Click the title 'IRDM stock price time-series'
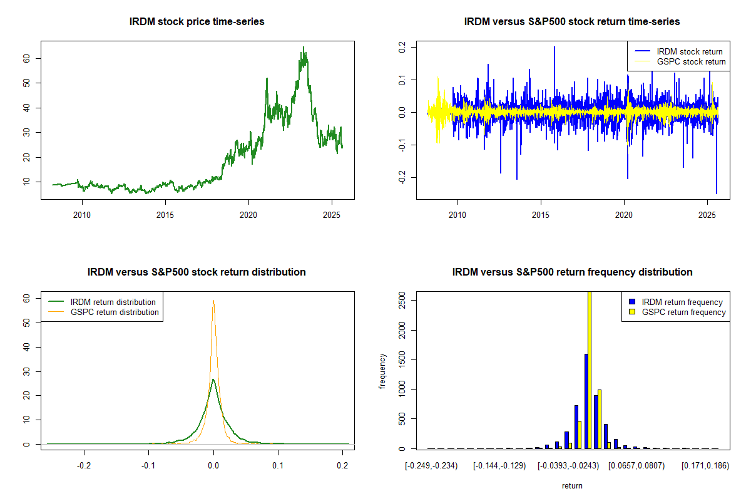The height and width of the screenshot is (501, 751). [x=197, y=22]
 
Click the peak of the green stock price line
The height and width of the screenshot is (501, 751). [x=304, y=47]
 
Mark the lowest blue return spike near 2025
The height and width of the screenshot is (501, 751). [x=717, y=193]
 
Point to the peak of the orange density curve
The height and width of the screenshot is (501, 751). [x=213, y=301]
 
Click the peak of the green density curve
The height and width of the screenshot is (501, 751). [x=213, y=380]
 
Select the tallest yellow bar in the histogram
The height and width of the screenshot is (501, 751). [x=589, y=369]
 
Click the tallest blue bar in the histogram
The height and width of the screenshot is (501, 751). [x=586, y=401]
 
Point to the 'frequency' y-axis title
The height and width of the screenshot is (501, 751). [x=384, y=371]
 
